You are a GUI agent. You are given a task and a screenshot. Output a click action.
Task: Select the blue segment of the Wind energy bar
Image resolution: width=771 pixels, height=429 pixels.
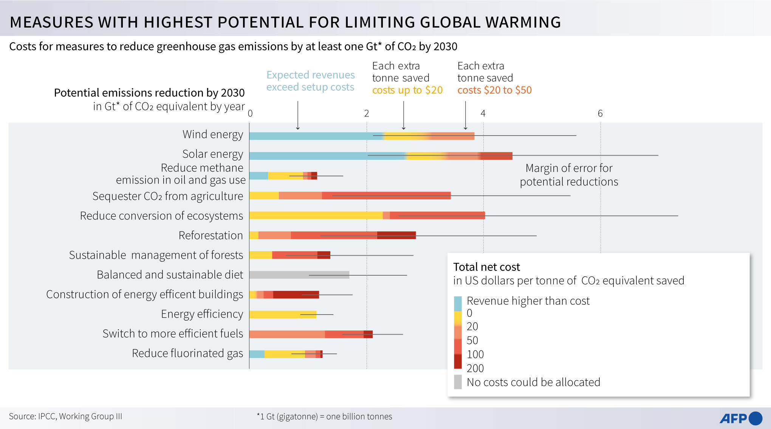pos(316,136)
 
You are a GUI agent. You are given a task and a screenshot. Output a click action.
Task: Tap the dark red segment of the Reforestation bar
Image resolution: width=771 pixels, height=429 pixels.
pos(396,235)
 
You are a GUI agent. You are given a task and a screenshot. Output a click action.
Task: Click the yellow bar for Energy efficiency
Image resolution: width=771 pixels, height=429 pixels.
pos(282,314)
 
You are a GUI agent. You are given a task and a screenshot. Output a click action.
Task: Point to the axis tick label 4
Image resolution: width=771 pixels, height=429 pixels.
pos(483,113)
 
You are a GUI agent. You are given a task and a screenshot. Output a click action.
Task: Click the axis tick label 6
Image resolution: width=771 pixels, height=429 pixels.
pos(600,113)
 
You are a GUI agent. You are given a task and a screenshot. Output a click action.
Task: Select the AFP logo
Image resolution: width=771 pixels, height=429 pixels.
pos(740,418)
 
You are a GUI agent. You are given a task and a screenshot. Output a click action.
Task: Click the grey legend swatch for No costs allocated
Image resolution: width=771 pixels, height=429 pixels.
pos(457,382)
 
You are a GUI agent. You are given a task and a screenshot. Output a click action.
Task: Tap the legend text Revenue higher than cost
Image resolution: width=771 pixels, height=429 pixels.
pos(528,301)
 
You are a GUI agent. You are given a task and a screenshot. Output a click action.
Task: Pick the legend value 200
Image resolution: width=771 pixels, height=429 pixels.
pos(475,368)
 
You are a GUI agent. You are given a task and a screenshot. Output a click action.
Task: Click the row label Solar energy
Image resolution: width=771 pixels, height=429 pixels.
pos(212,154)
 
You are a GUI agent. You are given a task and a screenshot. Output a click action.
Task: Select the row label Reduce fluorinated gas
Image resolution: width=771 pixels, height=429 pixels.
pos(187,353)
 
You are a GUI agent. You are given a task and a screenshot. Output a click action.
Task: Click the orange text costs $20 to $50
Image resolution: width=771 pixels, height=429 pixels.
pos(494,90)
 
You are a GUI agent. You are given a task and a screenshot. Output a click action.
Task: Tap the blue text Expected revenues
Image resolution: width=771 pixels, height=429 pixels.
pos(310,75)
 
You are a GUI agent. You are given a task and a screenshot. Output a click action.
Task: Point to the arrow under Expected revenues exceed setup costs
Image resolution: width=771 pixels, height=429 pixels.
pos(298,115)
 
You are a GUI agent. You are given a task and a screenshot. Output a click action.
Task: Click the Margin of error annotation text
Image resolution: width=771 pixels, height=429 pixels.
pos(568,174)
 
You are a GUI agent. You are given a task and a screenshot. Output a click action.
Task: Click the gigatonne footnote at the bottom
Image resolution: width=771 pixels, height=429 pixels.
pos(324,417)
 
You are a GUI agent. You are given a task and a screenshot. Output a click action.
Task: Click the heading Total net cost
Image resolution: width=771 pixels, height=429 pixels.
pos(486,267)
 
